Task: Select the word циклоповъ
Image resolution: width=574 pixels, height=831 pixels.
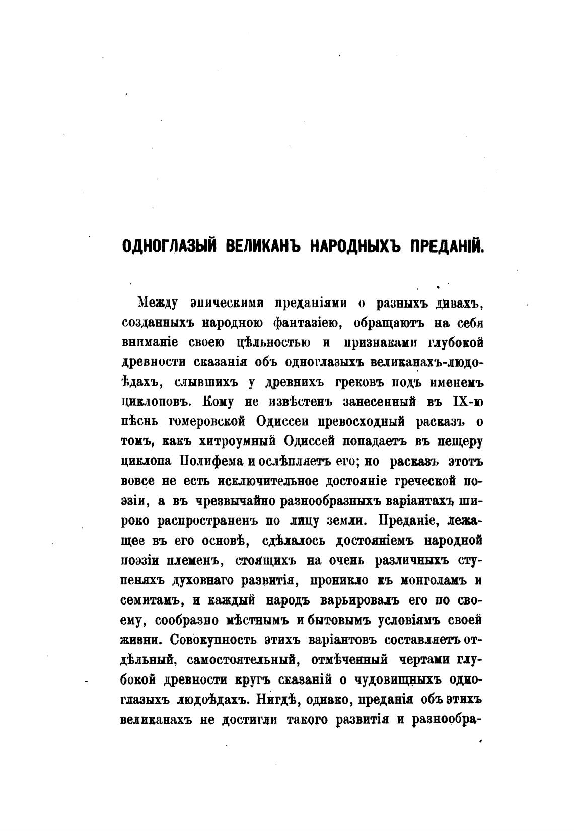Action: (x=157, y=402)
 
